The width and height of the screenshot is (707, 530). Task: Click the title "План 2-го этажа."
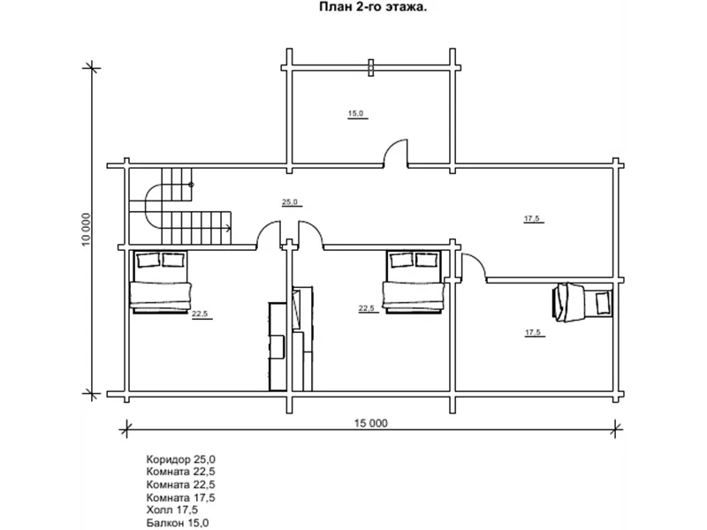click(x=373, y=7)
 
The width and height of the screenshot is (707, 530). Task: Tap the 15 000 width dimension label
click(x=370, y=423)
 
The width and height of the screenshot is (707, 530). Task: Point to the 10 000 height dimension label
click(x=86, y=230)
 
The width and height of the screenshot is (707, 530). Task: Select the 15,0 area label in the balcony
click(x=356, y=114)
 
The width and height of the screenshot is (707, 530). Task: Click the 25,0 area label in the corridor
click(x=290, y=202)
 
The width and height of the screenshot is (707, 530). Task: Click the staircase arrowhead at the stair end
click(x=229, y=228)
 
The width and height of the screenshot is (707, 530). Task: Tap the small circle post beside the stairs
click(x=191, y=185)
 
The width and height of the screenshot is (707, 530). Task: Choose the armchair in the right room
click(x=582, y=302)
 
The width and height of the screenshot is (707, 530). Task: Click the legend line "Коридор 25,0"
click(x=181, y=459)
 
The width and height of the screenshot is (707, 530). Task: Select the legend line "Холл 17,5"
click(x=171, y=510)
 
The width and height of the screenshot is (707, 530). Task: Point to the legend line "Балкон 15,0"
click(x=178, y=523)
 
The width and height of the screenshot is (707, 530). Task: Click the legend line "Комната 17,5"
click(x=181, y=497)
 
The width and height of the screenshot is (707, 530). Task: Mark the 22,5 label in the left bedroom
click(x=200, y=314)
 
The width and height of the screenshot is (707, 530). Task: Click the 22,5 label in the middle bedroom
click(x=366, y=308)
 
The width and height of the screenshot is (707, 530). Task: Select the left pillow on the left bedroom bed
click(x=148, y=260)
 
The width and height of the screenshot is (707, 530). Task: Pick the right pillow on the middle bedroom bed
click(x=427, y=260)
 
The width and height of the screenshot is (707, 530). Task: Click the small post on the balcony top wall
click(x=370, y=68)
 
